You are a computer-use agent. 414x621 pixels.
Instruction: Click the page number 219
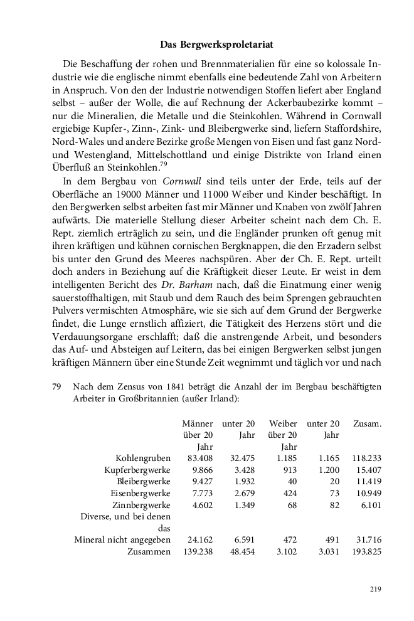[375, 589]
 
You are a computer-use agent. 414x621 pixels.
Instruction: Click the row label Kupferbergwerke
[137, 470]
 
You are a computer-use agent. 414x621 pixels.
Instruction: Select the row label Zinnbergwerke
[141, 505]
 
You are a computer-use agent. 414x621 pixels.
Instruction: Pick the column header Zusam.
[368, 423]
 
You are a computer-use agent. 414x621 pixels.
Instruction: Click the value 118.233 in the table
[366, 458]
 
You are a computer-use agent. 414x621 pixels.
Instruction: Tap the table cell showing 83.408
[200, 458]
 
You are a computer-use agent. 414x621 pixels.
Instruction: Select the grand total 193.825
[366, 551]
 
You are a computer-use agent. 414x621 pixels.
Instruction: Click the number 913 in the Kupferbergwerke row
[288, 470]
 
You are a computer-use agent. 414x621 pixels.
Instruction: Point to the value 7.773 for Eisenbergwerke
[202, 493]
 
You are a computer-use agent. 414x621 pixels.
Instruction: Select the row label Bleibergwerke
[144, 481]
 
